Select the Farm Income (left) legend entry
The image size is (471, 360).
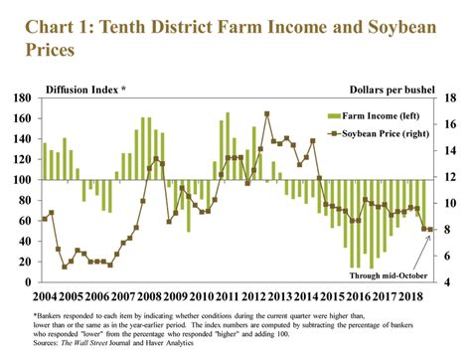click(x=375, y=115)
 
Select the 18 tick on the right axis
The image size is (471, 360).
click(x=449, y=99)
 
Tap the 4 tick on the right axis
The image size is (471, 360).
click(x=446, y=281)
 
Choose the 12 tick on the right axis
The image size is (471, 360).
click(x=449, y=177)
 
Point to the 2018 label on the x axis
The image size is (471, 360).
click(x=410, y=296)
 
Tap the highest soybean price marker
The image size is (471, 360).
click(x=266, y=113)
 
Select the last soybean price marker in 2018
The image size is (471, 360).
click(x=430, y=230)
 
